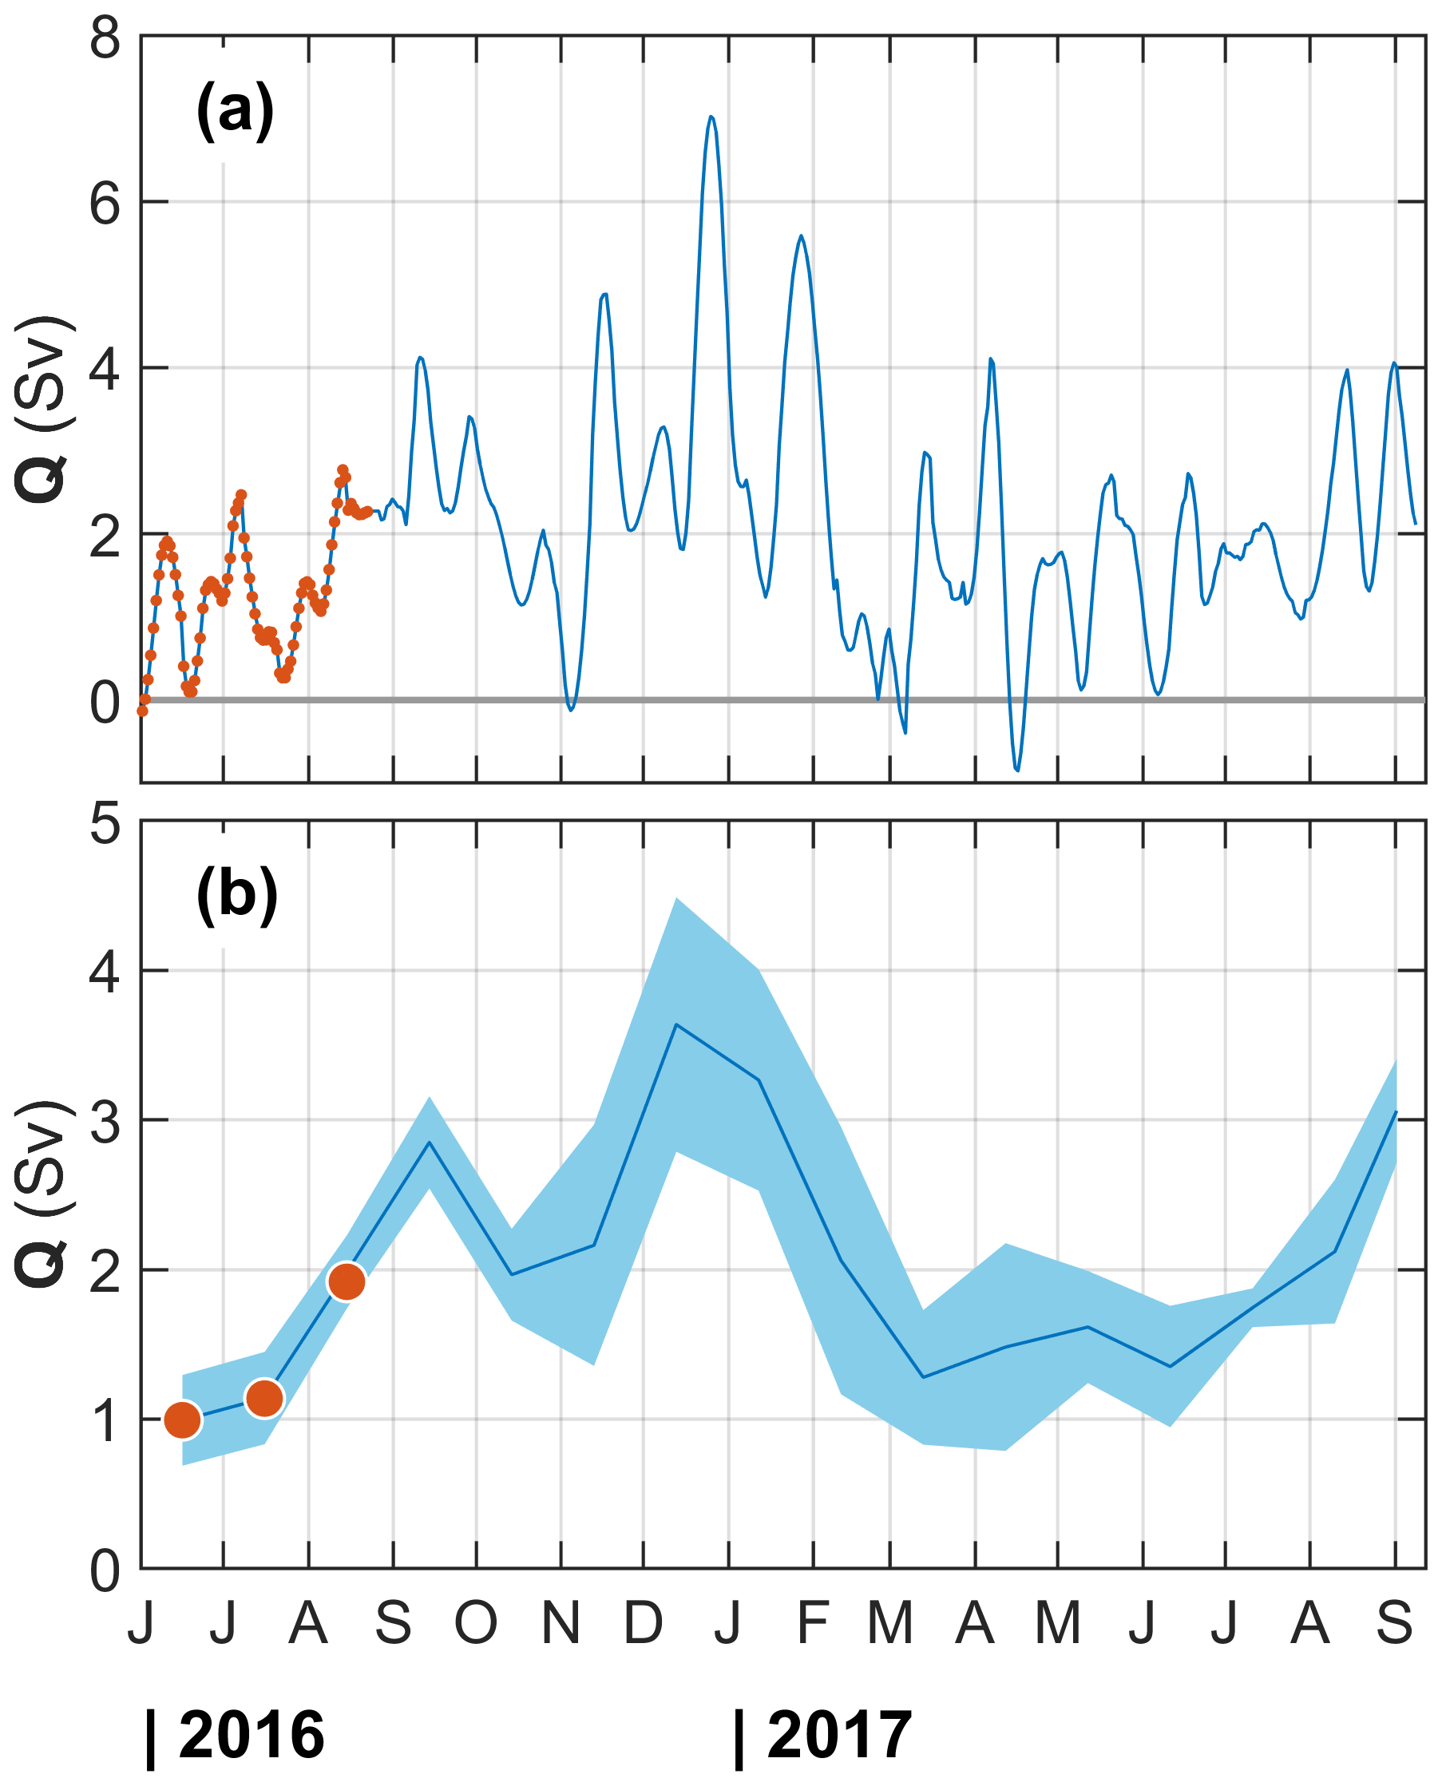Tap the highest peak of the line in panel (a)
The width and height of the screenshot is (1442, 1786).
click(x=711, y=117)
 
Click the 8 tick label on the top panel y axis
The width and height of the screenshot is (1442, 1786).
click(x=105, y=38)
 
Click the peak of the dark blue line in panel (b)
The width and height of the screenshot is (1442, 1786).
click(x=677, y=1025)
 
